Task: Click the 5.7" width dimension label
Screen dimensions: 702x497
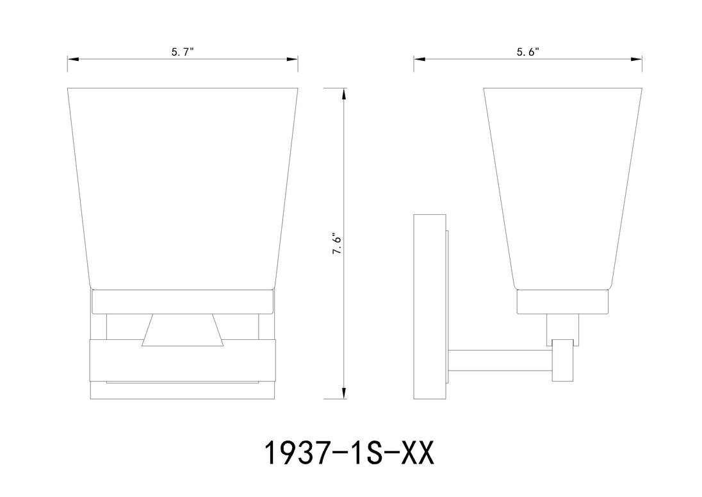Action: click(x=182, y=52)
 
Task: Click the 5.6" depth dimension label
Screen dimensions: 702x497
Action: click(x=528, y=52)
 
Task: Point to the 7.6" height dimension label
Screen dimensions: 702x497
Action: click(x=337, y=243)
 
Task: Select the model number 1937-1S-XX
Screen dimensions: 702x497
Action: click(x=350, y=453)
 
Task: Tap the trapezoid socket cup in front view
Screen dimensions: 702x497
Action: click(x=182, y=330)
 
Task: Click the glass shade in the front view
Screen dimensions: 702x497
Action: click(x=183, y=189)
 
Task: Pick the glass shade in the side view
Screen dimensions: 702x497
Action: click(x=563, y=189)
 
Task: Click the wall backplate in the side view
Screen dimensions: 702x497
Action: click(x=429, y=307)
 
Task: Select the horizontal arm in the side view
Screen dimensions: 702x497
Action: click(x=500, y=361)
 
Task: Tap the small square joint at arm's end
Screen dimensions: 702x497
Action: click(x=563, y=360)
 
